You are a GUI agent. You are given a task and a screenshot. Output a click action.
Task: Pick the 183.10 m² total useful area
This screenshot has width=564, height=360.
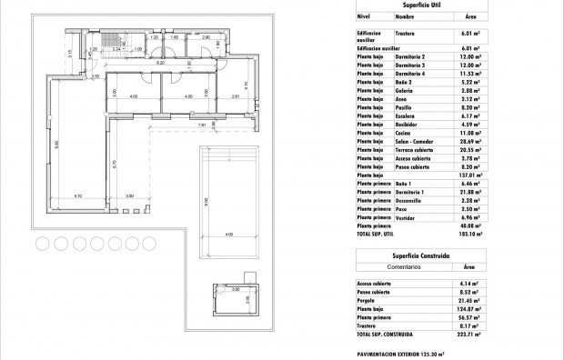[x=469, y=234]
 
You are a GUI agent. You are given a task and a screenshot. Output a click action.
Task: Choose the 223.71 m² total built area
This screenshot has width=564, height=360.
[x=469, y=334]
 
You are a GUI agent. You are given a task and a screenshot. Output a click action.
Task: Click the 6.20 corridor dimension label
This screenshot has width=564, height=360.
[x=160, y=64]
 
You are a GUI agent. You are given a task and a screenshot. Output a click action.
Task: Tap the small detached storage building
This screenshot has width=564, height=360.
[x=236, y=300]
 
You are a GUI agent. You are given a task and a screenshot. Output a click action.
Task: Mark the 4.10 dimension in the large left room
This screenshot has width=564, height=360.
[x=78, y=195]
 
